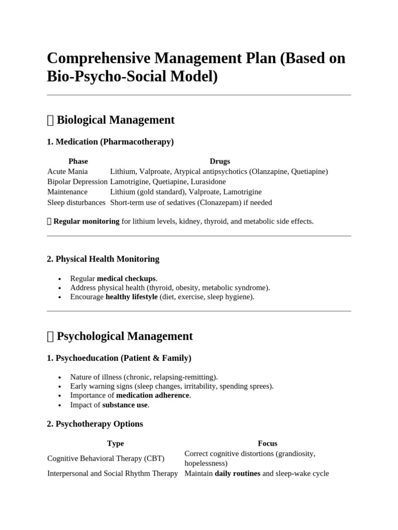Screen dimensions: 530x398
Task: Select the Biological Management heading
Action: tap(115, 120)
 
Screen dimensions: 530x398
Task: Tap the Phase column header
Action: tap(78, 161)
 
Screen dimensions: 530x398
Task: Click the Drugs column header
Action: tap(220, 161)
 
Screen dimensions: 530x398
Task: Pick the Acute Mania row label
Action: tap(67, 171)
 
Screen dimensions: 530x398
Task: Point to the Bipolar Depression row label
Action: tap(77, 182)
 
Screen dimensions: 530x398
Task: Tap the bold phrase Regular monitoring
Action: tap(86, 222)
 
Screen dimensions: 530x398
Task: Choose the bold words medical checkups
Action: tap(126, 278)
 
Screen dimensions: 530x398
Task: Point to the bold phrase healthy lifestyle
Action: tap(132, 297)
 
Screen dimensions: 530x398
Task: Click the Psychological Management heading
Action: tap(124, 336)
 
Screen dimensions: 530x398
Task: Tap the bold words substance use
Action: tap(125, 405)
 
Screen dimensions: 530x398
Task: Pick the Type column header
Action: tap(116, 444)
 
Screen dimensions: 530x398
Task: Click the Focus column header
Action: tap(267, 444)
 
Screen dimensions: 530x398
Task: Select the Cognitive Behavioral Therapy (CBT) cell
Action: tap(106, 459)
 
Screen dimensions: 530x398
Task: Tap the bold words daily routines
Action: tap(237, 474)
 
